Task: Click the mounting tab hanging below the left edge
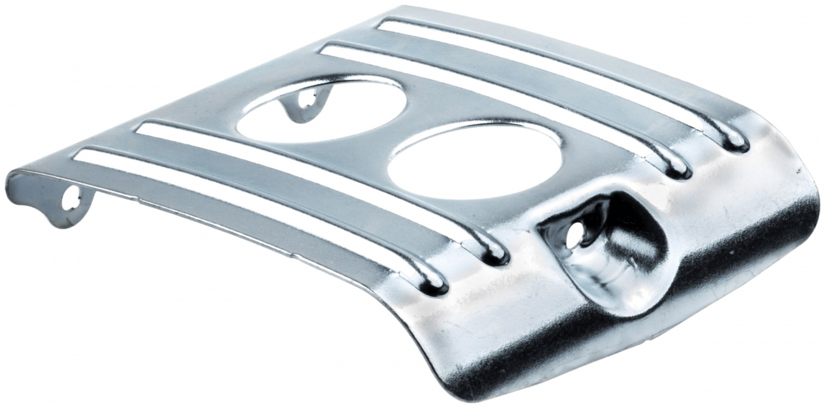pyautogui.click(x=71, y=203)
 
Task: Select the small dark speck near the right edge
pyautogui.click(x=800, y=171)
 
